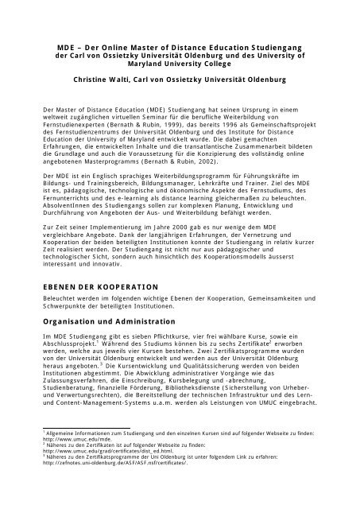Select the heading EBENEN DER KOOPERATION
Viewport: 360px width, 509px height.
101,286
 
